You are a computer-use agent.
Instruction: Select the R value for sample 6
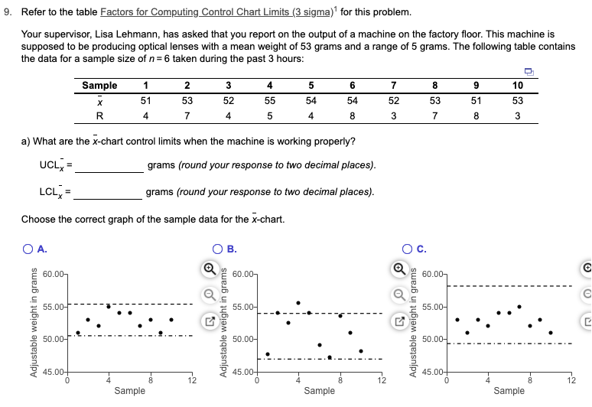click(x=352, y=116)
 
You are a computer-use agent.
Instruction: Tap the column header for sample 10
click(x=517, y=85)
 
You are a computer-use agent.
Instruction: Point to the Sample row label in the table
click(x=99, y=85)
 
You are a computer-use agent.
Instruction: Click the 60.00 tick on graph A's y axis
click(x=54, y=273)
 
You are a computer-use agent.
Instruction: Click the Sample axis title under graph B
click(x=319, y=391)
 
